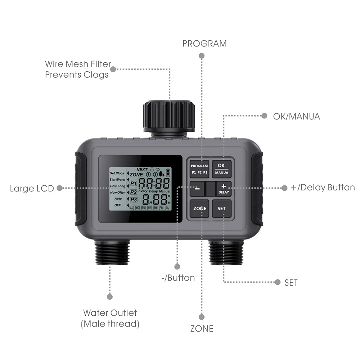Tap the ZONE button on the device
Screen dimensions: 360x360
point(200,208)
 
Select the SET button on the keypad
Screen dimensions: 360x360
point(221,208)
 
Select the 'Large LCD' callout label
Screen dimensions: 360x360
point(32,188)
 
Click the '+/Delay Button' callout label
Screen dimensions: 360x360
point(323,188)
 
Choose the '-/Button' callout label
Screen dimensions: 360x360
point(177,278)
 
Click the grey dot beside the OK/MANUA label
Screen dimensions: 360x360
point(264,116)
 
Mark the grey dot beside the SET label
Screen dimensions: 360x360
point(278,282)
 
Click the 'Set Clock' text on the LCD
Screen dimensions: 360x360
point(117,173)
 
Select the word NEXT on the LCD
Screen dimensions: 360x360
point(142,170)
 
